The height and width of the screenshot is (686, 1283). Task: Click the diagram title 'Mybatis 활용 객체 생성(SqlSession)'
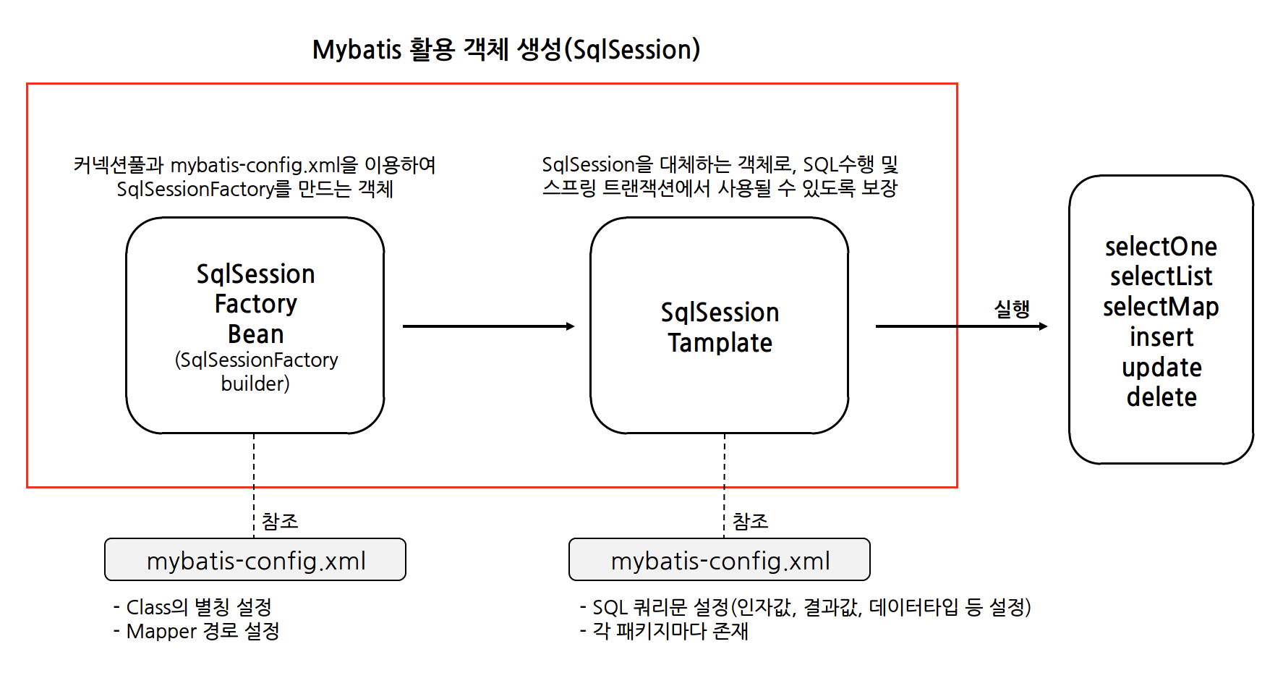(x=506, y=49)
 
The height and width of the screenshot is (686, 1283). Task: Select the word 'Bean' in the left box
(x=255, y=334)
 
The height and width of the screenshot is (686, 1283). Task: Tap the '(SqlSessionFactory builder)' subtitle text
(x=256, y=371)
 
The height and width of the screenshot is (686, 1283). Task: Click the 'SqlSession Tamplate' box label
(x=720, y=327)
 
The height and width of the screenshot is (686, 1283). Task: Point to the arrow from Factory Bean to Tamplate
(x=488, y=326)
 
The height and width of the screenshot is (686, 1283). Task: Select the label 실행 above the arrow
(x=1012, y=309)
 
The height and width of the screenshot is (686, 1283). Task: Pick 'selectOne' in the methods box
(x=1161, y=247)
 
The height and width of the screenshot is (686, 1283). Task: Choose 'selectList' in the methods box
(x=1161, y=276)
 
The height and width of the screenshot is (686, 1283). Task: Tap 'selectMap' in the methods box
(x=1161, y=307)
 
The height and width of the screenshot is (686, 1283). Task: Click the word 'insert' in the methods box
(x=1161, y=337)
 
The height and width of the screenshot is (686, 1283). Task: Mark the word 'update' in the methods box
(x=1161, y=368)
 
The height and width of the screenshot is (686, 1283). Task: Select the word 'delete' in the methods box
(x=1161, y=397)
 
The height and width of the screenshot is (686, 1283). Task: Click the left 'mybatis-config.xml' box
(x=255, y=560)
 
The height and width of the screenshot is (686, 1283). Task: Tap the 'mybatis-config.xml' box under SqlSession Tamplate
(x=720, y=560)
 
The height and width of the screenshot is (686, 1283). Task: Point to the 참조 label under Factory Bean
(x=280, y=521)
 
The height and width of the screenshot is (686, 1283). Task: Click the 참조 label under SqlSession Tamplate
(x=750, y=521)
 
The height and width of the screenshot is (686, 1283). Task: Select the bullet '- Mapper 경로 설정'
(x=197, y=631)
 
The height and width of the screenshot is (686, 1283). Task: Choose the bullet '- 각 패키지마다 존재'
(x=664, y=631)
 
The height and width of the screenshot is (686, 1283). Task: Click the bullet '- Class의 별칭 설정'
(x=192, y=606)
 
